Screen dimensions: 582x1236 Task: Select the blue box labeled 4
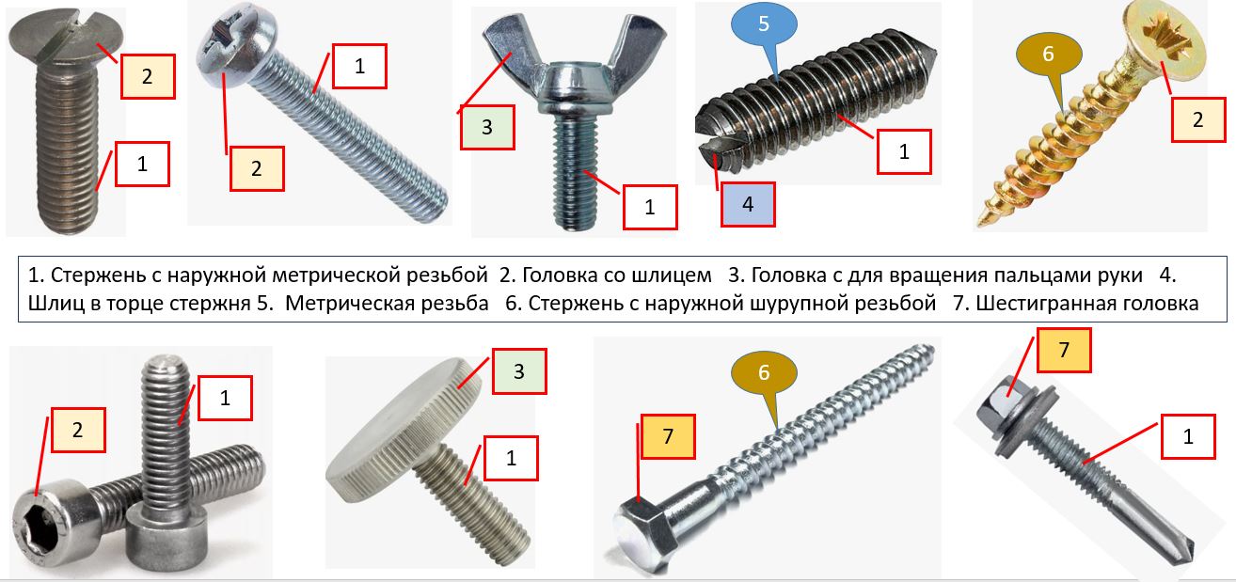click(x=748, y=204)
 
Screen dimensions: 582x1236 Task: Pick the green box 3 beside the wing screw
click(x=486, y=127)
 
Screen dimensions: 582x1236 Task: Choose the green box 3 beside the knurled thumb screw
click(x=517, y=371)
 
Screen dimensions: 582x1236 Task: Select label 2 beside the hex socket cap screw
click(x=77, y=431)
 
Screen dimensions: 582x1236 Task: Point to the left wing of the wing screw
click(x=500, y=47)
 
